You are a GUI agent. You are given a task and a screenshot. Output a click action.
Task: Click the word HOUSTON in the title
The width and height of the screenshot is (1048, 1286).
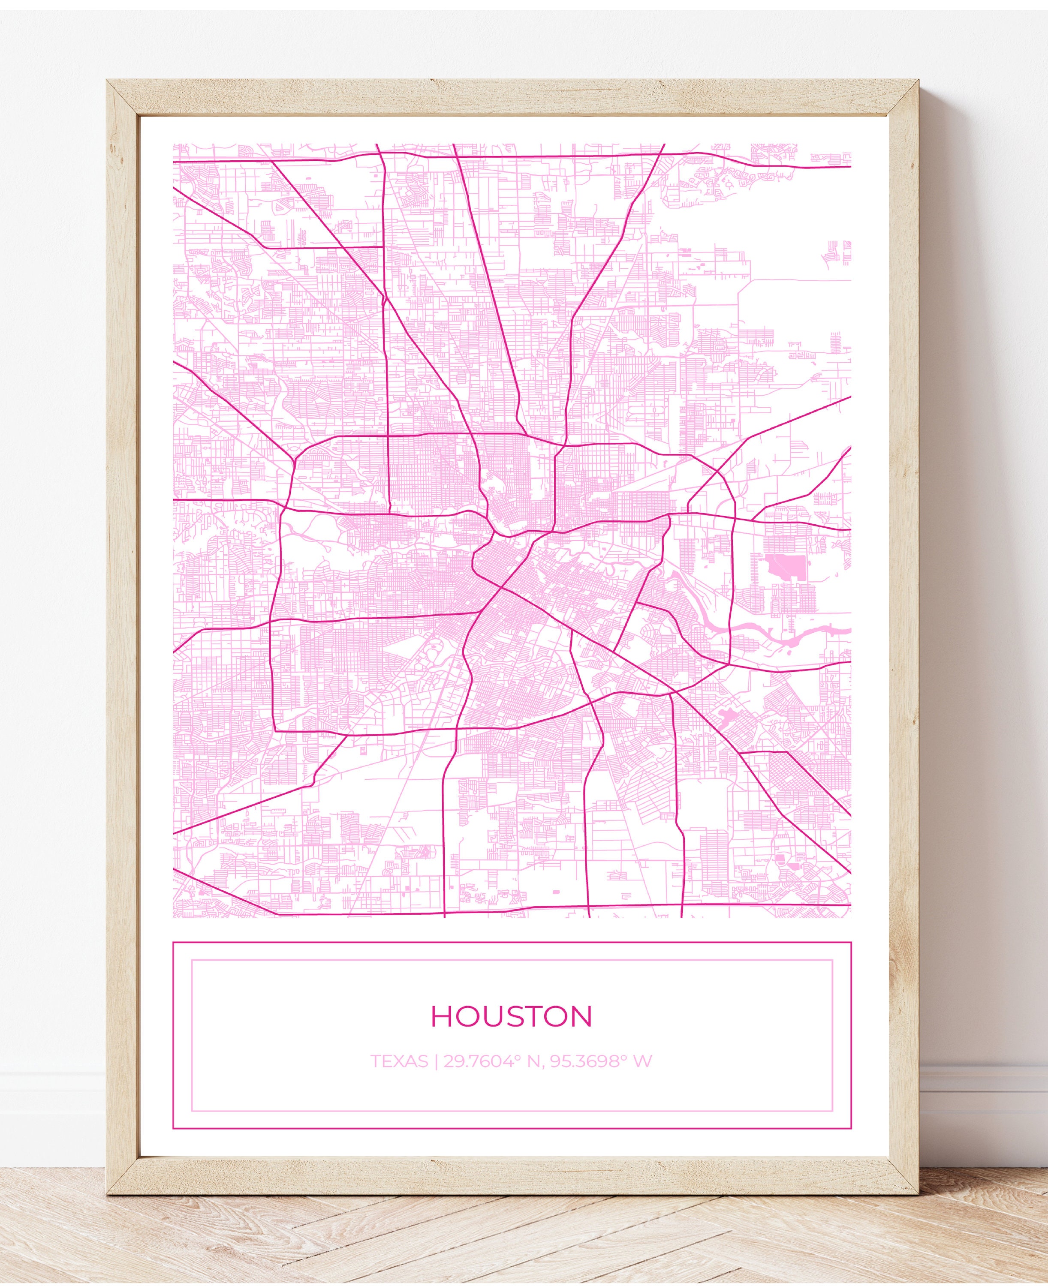(511, 1016)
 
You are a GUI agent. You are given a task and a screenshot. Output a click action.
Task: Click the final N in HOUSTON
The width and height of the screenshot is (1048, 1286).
(581, 1016)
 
